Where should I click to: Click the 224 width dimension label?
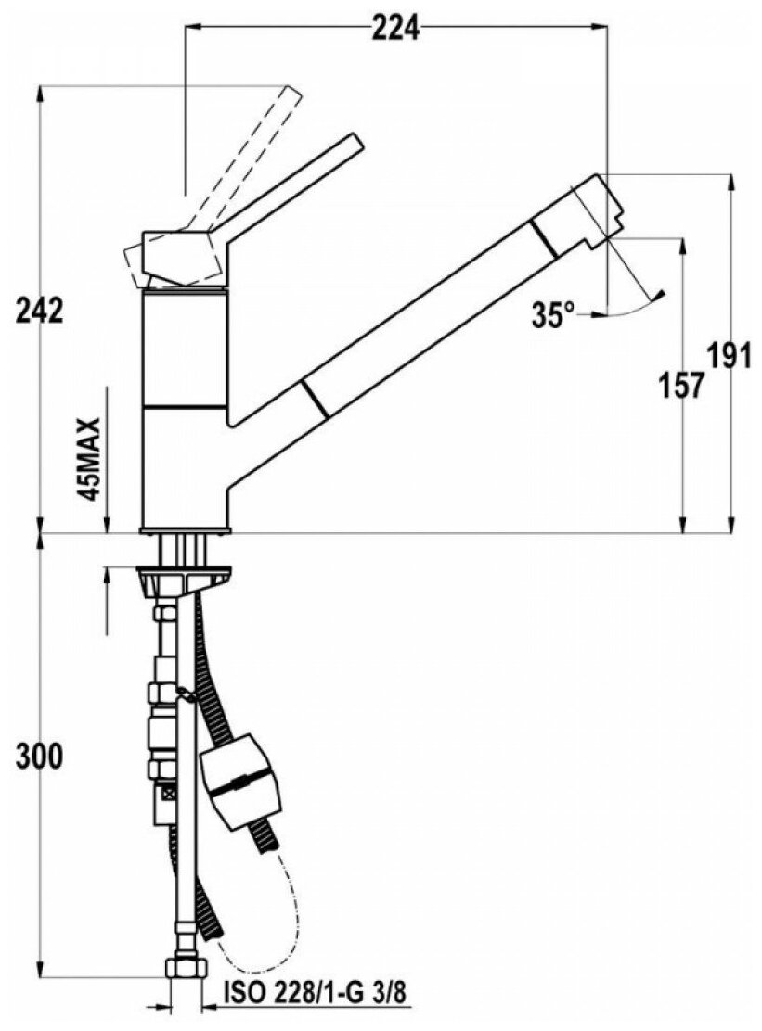(396, 29)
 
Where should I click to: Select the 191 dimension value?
(730, 355)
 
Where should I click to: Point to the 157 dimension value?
(682, 383)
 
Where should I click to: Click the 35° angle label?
(553, 315)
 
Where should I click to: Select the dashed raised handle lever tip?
(290, 98)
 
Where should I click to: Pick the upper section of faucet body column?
(185, 349)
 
